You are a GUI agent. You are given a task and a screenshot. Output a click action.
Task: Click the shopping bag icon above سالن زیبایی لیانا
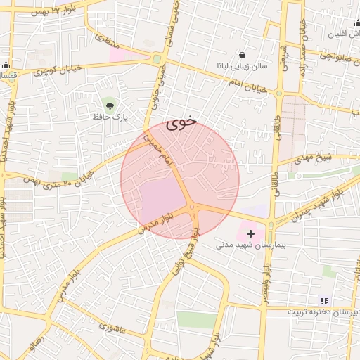coord(242,55)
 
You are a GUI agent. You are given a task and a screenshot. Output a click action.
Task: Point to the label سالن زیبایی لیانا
coord(242,67)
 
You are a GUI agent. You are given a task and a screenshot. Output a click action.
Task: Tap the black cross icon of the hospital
coord(250,233)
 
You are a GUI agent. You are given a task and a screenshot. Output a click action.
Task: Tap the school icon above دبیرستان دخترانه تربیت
coord(324,301)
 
